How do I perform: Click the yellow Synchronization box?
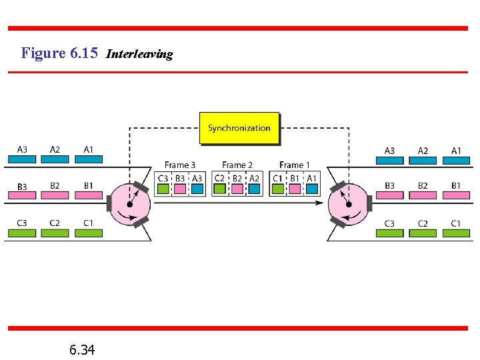(x=239, y=128)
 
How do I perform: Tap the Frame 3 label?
(x=180, y=165)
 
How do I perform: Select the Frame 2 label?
(x=237, y=165)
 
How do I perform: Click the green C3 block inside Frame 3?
(x=163, y=189)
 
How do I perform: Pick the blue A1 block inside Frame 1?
(x=311, y=189)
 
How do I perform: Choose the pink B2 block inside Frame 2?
(x=237, y=189)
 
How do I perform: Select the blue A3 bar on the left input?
(x=22, y=159)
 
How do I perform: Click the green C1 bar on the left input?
(x=88, y=233)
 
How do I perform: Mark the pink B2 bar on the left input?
(x=55, y=195)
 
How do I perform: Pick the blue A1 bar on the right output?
(x=456, y=160)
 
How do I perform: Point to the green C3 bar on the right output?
(x=389, y=233)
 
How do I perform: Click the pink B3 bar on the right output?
(x=389, y=195)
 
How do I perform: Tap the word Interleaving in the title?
(x=139, y=54)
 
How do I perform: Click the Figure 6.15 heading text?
(x=59, y=53)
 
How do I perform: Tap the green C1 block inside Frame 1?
(x=277, y=189)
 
